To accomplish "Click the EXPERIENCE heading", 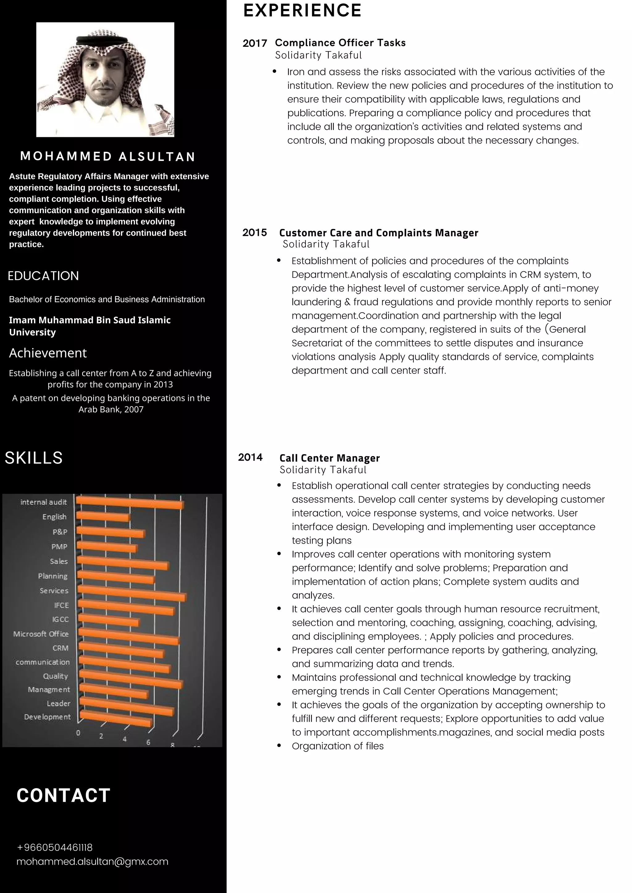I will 302,11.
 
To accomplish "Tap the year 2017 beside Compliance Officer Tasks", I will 255,43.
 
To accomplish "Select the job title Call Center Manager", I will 329,458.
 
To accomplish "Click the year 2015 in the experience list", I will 255,233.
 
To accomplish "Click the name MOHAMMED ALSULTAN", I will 108,156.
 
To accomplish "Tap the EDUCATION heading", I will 43,276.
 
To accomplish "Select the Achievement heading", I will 48,353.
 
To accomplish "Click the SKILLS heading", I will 33,458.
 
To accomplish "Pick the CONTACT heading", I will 64,795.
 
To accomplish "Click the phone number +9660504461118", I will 55,847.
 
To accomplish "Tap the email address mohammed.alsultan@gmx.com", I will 92,862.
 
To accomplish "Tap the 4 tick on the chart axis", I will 125,739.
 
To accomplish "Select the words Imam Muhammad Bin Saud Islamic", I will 89,320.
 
